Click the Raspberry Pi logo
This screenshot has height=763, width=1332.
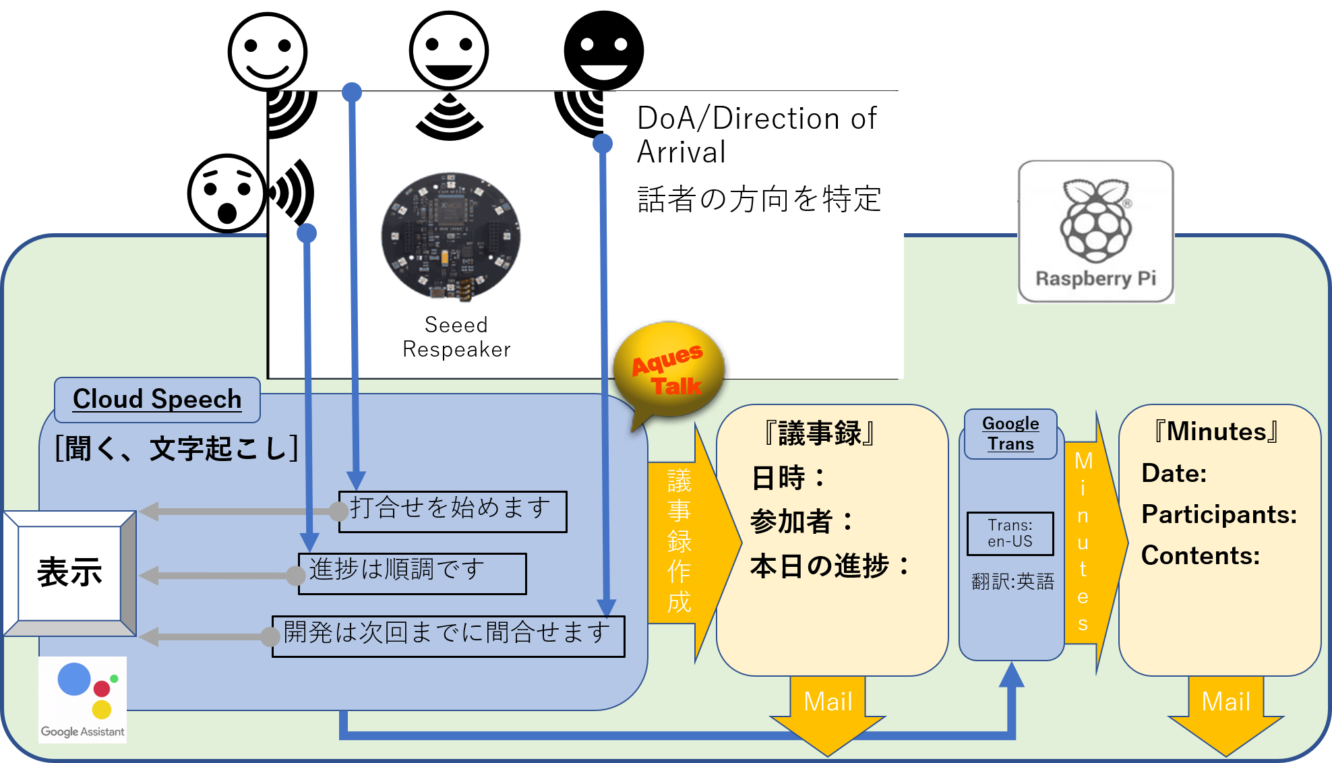(1095, 231)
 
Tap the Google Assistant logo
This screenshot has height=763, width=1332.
(82, 700)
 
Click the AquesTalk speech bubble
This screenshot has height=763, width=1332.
(669, 371)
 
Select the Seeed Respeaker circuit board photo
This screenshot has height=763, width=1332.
(450, 236)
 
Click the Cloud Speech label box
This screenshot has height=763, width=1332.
(157, 399)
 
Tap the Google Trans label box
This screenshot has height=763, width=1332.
(1010, 434)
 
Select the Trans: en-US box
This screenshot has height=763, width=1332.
(1010, 533)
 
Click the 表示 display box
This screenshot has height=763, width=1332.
(69, 573)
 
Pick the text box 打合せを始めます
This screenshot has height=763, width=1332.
(452, 512)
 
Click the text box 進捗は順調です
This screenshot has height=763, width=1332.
(412, 574)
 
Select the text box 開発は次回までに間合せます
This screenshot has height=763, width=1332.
(448, 636)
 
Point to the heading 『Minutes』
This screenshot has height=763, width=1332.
(1216, 431)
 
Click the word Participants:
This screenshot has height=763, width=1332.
(1219, 514)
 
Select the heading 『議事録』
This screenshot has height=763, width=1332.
(820, 433)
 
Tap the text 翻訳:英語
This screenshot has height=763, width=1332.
(1012, 582)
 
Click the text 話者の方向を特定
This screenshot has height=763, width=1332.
(759, 200)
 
